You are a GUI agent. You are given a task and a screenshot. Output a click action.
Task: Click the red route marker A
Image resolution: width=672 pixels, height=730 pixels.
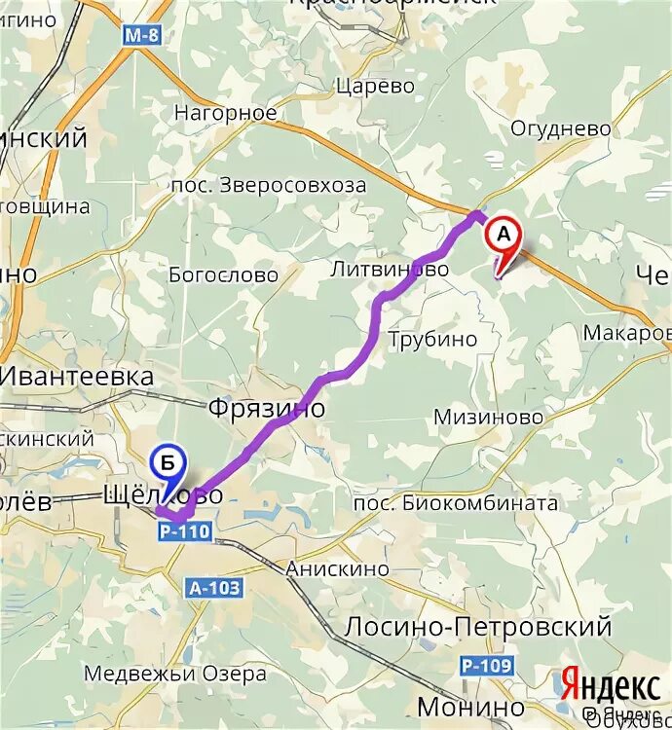tap(504, 238)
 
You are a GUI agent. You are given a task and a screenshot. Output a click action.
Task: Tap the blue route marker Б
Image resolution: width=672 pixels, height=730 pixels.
tap(169, 461)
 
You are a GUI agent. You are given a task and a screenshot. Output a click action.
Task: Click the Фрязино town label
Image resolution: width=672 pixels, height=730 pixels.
tap(267, 408)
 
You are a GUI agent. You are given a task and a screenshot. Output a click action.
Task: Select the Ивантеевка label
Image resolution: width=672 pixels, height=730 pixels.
tap(78, 377)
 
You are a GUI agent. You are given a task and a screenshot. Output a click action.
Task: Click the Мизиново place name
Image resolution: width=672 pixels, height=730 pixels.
tap(488, 417)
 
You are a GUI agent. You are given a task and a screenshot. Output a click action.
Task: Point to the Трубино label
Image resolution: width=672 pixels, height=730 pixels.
tap(433, 340)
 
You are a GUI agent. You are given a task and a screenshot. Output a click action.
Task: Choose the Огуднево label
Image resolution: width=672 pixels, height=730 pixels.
tap(561, 128)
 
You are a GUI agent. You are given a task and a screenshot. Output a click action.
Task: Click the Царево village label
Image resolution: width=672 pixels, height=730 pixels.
tap(375, 86)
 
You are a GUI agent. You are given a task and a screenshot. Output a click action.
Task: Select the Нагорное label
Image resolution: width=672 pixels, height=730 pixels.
tap(225, 113)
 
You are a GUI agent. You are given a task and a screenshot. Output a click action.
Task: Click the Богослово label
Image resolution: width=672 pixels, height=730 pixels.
tap(223, 275)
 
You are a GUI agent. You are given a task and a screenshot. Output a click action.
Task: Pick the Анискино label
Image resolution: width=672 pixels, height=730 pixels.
tap(337, 568)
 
